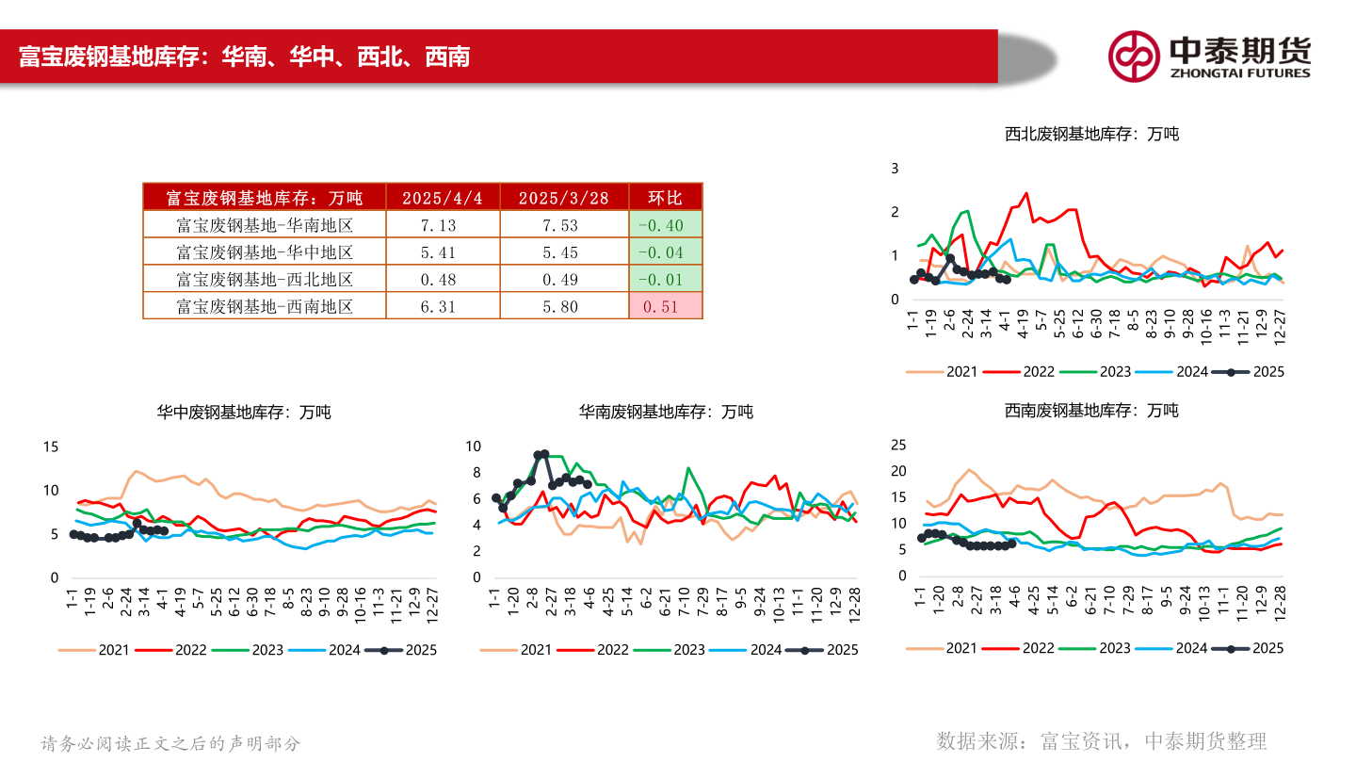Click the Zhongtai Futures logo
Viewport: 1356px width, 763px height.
1209,57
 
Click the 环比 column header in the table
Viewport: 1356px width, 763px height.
665,197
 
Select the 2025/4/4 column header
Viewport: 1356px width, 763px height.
442,197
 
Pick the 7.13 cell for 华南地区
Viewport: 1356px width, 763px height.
442,225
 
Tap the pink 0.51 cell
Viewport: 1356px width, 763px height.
665,306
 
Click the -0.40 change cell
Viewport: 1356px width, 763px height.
665,225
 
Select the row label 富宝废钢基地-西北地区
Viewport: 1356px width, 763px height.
265,279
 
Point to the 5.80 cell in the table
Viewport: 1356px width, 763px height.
556,306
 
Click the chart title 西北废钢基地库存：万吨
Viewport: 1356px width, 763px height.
1091,134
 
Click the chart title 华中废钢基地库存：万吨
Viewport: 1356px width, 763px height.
243,412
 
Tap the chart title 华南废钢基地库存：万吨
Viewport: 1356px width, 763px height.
665,412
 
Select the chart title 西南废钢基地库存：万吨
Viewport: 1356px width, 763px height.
1091,411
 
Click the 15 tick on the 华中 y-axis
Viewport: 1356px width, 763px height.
51,446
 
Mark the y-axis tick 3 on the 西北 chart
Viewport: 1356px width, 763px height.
896,168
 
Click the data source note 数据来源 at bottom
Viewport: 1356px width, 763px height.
1102,740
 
